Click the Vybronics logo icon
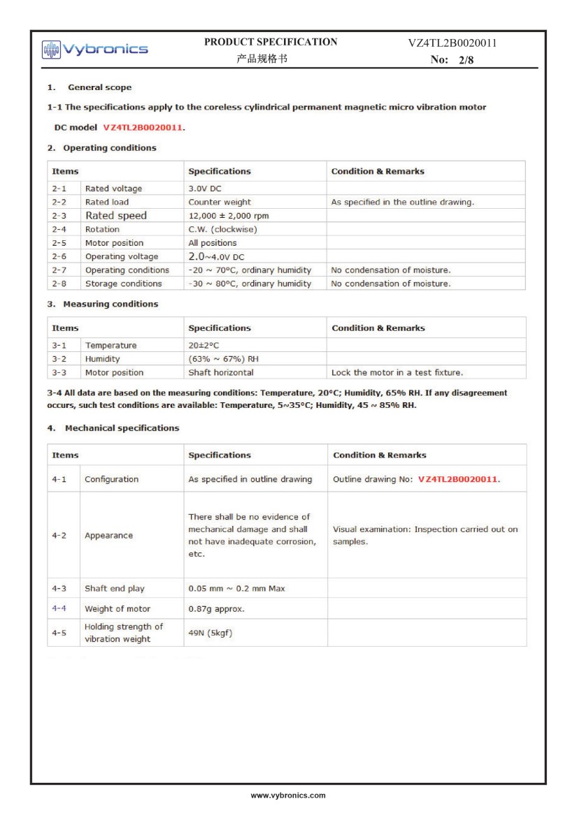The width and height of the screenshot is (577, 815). pos(51,49)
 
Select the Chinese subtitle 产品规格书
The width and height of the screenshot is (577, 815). pos(262,59)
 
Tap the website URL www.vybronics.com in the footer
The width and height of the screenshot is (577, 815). pos(288,795)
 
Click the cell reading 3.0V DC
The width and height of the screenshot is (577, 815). pos(206,189)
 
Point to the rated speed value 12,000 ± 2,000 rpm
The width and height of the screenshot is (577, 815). pos(229,216)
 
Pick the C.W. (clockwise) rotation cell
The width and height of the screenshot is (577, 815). pos(223,229)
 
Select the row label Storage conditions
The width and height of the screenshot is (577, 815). pos(123,284)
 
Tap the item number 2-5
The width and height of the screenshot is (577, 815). pos(59,243)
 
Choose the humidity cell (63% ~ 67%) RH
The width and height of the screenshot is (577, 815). pos(224,359)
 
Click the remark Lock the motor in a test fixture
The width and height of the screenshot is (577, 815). pos(397,372)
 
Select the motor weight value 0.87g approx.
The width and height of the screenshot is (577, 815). pos(217,608)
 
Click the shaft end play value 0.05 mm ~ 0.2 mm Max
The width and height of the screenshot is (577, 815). pos(237,588)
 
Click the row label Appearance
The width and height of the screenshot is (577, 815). pos(108,536)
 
